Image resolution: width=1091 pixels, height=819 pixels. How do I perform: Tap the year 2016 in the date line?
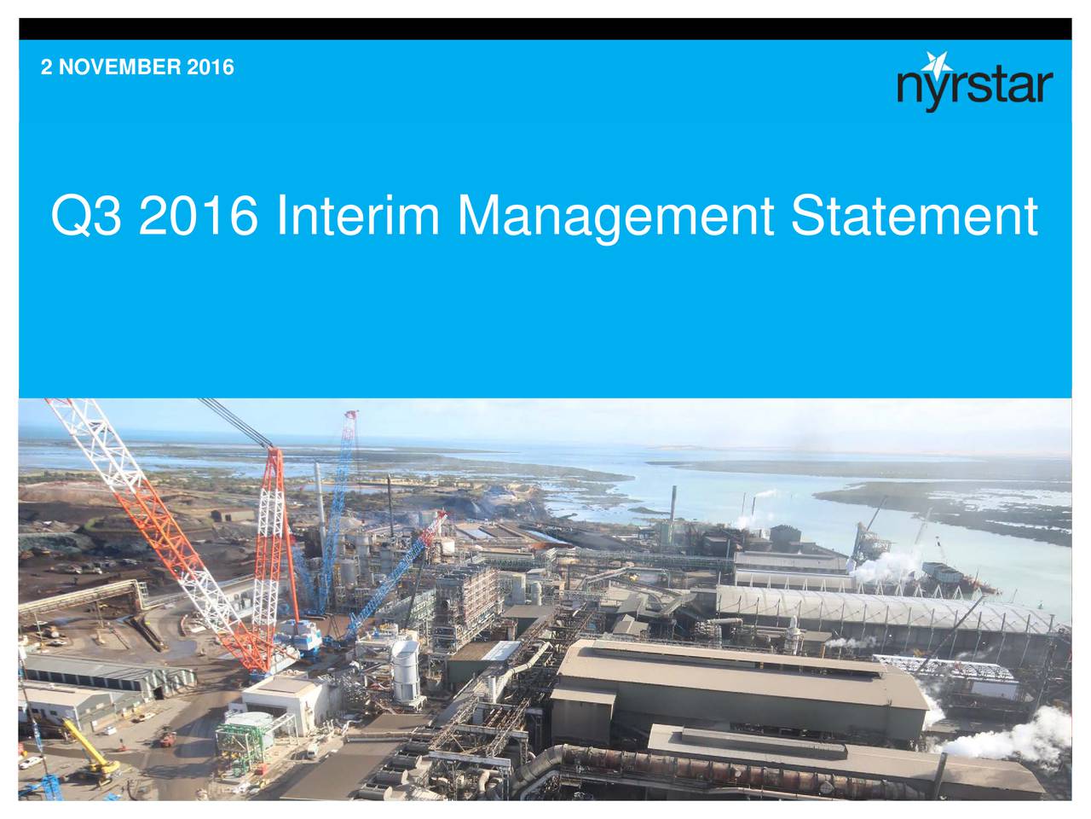pos(203,67)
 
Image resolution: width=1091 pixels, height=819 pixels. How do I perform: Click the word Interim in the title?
pos(358,215)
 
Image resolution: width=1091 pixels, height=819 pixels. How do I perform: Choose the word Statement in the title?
pos(914,215)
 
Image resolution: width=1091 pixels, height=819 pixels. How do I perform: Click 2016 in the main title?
pos(199,215)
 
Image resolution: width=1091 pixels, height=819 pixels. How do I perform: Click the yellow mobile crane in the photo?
pos(89,748)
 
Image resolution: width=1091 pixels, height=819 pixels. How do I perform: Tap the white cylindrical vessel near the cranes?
pos(406,671)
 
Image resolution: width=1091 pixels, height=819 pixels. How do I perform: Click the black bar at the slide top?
pos(545,29)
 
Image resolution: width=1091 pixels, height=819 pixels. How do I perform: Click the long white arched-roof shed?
pos(885,609)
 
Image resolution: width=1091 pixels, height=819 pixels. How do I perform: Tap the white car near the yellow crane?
pos(31,762)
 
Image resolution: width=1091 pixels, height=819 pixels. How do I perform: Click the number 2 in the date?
pos(46,67)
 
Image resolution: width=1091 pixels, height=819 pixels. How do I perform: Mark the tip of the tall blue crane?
pos(353,412)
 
